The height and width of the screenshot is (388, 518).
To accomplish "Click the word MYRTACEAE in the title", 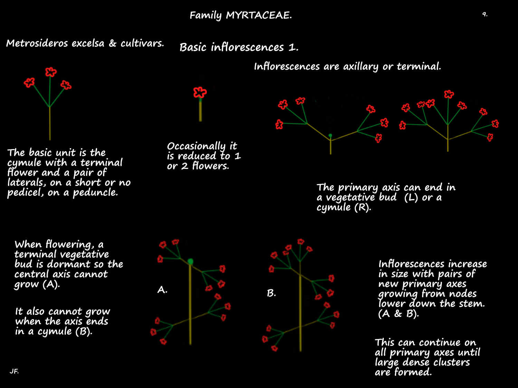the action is pyautogui.click(x=259, y=15).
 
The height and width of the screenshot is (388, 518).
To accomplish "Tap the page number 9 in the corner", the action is pyautogui.click(x=485, y=14).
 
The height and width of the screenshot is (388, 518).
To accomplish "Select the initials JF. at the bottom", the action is pyautogui.click(x=14, y=371).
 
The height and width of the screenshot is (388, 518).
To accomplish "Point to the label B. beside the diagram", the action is pyautogui.click(x=271, y=293).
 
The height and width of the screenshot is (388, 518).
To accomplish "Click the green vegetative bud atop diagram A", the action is pyautogui.click(x=190, y=261).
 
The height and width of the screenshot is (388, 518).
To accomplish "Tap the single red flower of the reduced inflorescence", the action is pyautogui.click(x=200, y=92).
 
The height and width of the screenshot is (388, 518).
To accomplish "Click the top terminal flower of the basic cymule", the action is pyautogui.click(x=51, y=72).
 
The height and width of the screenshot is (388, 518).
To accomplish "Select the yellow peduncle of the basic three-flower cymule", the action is pyautogui.click(x=50, y=123).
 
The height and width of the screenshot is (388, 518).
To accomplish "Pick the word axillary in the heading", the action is pyautogui.click(x=361, y=67).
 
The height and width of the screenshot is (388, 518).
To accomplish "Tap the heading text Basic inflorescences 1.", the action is pyautogui.click(x=239, y=47).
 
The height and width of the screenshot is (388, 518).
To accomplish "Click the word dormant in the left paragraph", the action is pyautogui.click(x=68, y=264).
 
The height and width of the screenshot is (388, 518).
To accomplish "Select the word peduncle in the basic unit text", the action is pyautogui.click(x=95, y=193).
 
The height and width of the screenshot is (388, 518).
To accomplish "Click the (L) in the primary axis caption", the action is pyautogui.click(x=411, y=197).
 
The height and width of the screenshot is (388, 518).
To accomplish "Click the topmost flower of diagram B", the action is pyautogui.click(x=301, y=241).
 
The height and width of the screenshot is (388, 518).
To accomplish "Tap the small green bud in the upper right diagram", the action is pyautogui.click(x=330, y=136).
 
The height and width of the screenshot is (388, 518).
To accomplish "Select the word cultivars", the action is pyautogui.click(x=142, y=43).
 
